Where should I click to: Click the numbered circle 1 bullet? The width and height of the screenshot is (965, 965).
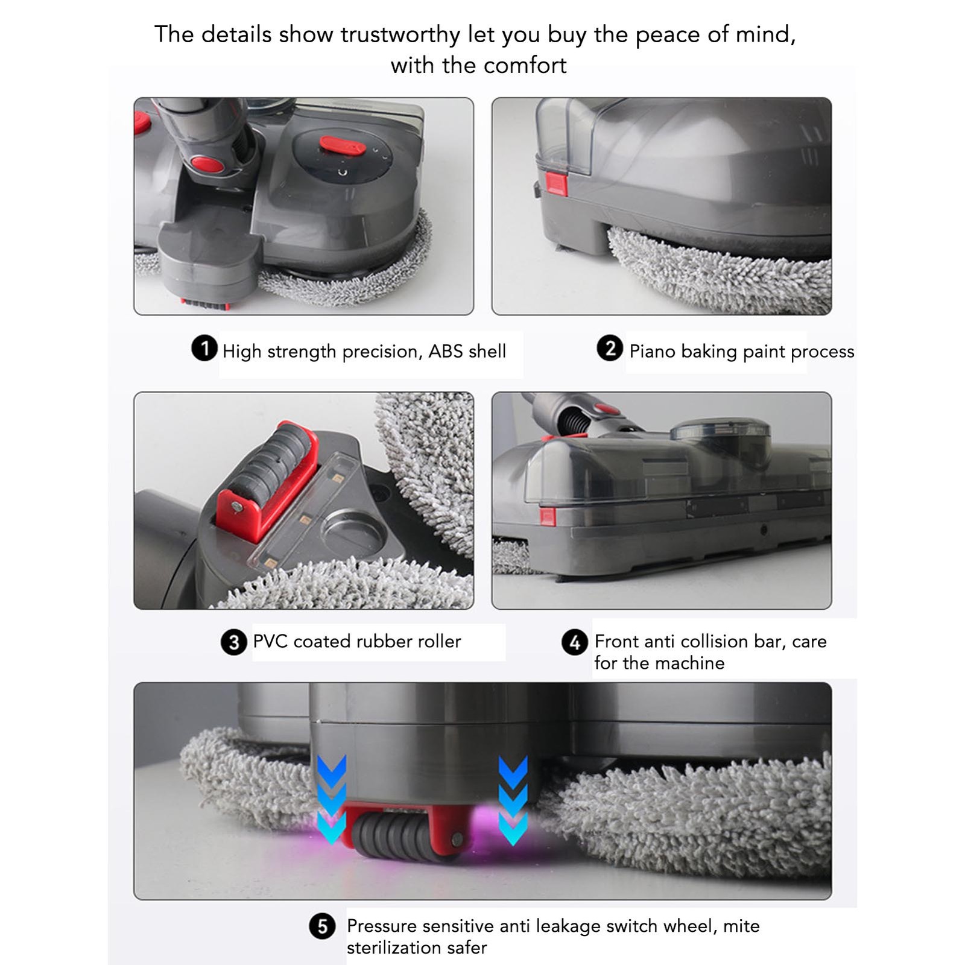pyautogui.click(x=204, y=349)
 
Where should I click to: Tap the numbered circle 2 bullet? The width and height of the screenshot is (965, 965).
pyautogui.click(x=610, y=348)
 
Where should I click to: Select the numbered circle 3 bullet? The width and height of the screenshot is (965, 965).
pyautogui.click(x=234, y=642)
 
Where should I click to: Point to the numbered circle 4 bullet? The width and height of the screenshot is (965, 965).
pyautogui.click(x=575, y=642)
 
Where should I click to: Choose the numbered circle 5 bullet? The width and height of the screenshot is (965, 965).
pyautogui.click(x=323, y=926)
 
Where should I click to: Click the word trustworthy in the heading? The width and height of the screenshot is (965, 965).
pyautogui.click(x=400, y=34)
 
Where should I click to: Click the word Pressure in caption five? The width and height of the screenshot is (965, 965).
pyautogui.click(x=382, y=926)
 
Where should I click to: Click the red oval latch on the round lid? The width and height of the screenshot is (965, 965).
pyautogui.click(x=342, y=145)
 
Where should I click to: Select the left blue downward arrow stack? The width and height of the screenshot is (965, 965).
pyautogui.click(x=332, y=799)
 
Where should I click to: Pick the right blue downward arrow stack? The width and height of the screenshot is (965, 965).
pyautogui.click(x=513, y=799)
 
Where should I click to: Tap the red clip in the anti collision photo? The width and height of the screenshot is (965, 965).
pyautogui.click(x=548, y=516)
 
